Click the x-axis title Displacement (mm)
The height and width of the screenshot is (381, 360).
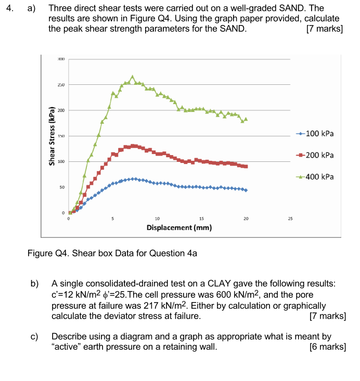[179, 228]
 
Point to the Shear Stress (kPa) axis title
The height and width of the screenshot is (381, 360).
[52, 137]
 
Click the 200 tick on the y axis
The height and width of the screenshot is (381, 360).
[61, 110]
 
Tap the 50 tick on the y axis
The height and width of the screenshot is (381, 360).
[62, 187]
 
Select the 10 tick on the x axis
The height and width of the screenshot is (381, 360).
[157, 219]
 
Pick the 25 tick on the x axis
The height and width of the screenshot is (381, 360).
[290, 219]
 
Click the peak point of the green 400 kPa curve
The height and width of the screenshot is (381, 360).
[132, 77]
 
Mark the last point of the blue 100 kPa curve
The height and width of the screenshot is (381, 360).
[246, 190]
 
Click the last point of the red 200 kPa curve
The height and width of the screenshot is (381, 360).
[246, 167]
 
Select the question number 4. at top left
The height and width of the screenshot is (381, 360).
[8, 8]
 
